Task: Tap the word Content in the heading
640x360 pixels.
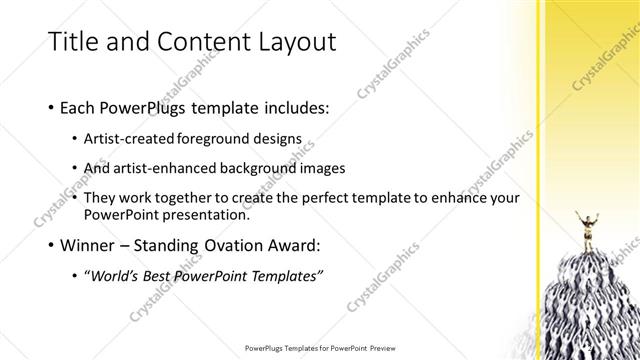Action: pyautogui.click(x=185, y=41)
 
